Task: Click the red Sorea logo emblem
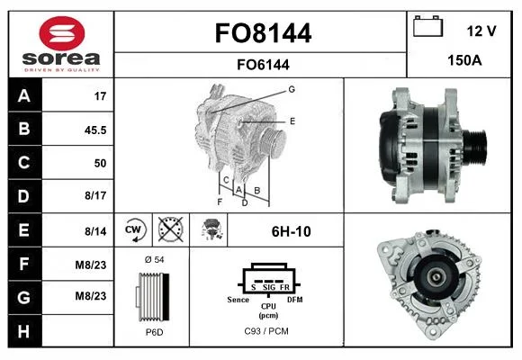62,33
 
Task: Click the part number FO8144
263,33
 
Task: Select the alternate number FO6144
263,65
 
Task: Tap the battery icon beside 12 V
427,26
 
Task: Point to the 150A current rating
464,60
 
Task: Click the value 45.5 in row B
95,130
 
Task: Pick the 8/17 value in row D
95,195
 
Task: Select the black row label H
24,331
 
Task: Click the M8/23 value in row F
91,265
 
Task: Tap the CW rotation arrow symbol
133,230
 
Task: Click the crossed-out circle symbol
170,229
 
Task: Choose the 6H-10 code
292,231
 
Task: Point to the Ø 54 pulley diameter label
155,259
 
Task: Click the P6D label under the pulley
155,332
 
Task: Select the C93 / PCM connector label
266,331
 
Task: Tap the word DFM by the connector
295,300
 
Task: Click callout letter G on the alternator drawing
292,89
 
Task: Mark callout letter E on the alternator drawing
292,121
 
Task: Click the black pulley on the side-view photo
475,146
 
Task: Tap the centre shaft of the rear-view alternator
435,276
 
